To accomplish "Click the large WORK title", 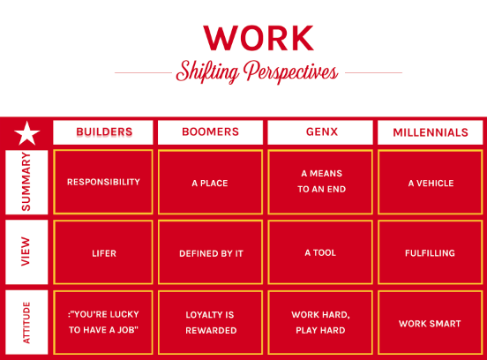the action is (x=258, y=38).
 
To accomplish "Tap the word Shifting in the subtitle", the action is (x=207, y=72).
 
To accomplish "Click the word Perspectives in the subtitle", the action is (x=291, y=72).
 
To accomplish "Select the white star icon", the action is (x=27, y=133).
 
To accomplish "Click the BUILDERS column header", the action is (x=103, y=132).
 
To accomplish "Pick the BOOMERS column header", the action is (x=210, y=132).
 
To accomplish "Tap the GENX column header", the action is (x=320, y=132).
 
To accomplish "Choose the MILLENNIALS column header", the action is (x=431, y=132).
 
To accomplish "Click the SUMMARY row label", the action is (x=26, y=183).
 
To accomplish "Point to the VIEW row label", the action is (x=26, y=251).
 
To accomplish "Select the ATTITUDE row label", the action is (x=26, y=322).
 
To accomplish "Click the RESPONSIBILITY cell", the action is (x=103, y=182).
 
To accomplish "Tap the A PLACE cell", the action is (x=210, y=183).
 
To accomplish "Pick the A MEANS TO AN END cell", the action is (x=320, y=183).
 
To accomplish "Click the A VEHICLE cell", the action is (x=431, y=183).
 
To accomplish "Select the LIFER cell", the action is (x=103, y=252).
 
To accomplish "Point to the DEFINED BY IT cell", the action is (x=210, y=252).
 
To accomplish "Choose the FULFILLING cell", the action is (x=431, y=252).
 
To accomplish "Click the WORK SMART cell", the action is (x=431, y=322).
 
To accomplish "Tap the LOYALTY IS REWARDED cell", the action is (x=210, y=322).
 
